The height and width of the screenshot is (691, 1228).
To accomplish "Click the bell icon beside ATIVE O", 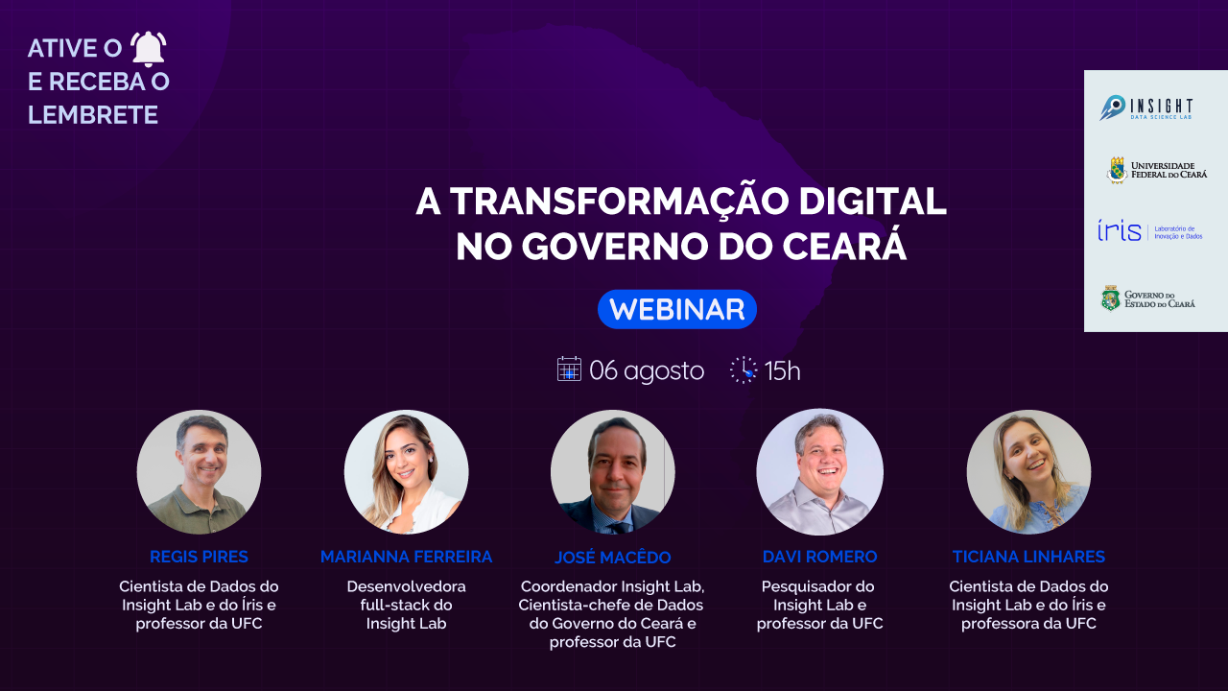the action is (148, 49).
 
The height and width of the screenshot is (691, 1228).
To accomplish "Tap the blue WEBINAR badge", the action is (677, 309).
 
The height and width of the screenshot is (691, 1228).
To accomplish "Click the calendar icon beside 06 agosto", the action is (569, 369).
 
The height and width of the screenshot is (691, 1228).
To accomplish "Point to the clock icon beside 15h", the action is (744, 370).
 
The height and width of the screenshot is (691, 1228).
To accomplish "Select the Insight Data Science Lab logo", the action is (1145, 107).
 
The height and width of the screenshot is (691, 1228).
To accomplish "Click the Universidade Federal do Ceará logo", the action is (1157, 170).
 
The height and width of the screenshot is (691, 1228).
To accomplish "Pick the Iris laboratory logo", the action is (1149, 231).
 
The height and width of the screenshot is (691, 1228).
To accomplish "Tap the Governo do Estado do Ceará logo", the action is (1148, 298).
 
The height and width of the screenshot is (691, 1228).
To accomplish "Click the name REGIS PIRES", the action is (199, 557).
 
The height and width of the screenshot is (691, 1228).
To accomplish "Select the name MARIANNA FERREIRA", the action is (406, 557).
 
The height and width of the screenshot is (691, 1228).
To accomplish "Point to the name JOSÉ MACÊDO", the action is (613, 557).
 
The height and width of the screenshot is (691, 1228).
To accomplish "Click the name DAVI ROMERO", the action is (819, 557).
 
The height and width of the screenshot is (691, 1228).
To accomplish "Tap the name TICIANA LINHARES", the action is (1028, 557).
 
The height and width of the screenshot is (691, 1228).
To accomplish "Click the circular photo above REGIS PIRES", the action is (199, 472).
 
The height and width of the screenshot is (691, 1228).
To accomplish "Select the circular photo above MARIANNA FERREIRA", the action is (406, 472).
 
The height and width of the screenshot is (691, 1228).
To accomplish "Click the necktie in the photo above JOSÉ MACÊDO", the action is (620, 528).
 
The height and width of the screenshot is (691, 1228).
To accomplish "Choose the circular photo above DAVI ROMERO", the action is (819, 471).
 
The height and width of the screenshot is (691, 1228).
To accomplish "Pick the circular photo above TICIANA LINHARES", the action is (1028, 472).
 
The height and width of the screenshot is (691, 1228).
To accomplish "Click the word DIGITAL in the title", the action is (872, 202).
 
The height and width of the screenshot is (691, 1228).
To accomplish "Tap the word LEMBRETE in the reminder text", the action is (93, 115).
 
